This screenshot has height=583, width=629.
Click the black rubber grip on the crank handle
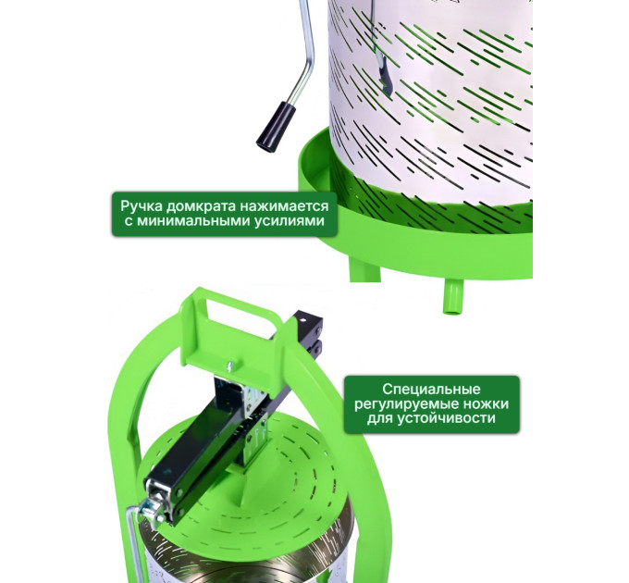276,127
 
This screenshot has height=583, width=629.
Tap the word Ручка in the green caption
142,206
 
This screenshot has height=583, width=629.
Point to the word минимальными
194,221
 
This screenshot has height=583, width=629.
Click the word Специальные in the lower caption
431,390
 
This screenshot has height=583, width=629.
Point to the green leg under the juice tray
364,269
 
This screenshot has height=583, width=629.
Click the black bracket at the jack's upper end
310,333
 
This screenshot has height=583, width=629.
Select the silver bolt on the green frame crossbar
230,366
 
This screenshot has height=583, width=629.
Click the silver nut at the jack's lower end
151,511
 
